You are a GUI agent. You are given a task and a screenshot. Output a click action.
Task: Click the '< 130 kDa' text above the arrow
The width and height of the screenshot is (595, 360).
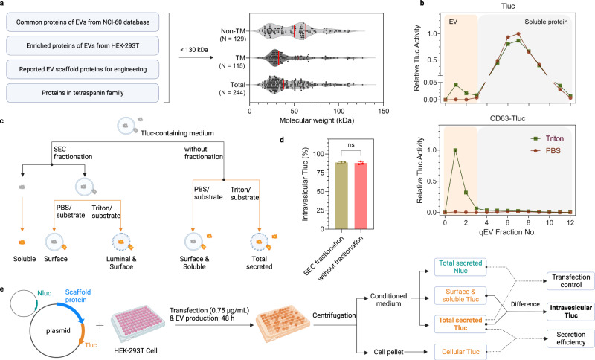(194, 51)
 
